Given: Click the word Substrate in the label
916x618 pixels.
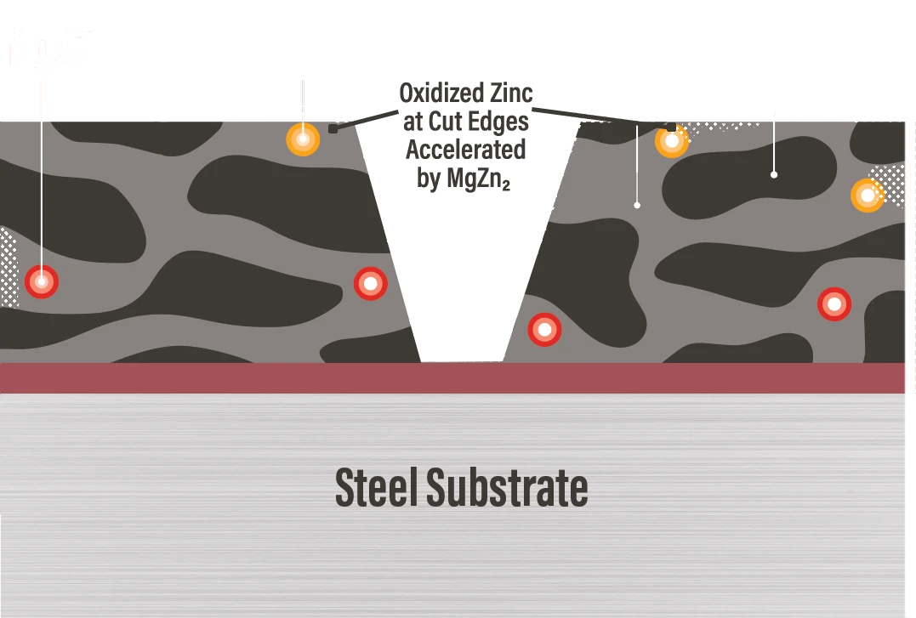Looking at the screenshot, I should (507, 487).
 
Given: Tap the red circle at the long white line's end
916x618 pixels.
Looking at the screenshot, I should (41, 281).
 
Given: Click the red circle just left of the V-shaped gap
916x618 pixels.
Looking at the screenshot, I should (370, 284).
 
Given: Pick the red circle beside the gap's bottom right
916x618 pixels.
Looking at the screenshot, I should (544, 330).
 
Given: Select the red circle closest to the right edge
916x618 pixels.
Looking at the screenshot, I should (834, 303).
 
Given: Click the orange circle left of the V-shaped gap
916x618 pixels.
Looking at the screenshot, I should (303, 139).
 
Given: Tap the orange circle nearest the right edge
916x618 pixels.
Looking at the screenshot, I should (867, 196).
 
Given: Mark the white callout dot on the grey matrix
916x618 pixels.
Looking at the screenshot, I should (637, 205).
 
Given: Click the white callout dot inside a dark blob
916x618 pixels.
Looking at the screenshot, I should (774, 174).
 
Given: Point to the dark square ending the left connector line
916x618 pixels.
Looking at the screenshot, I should (333, 128).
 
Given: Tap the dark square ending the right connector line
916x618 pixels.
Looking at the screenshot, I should (671, 128).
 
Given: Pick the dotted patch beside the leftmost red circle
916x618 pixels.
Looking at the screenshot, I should (9, 268).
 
